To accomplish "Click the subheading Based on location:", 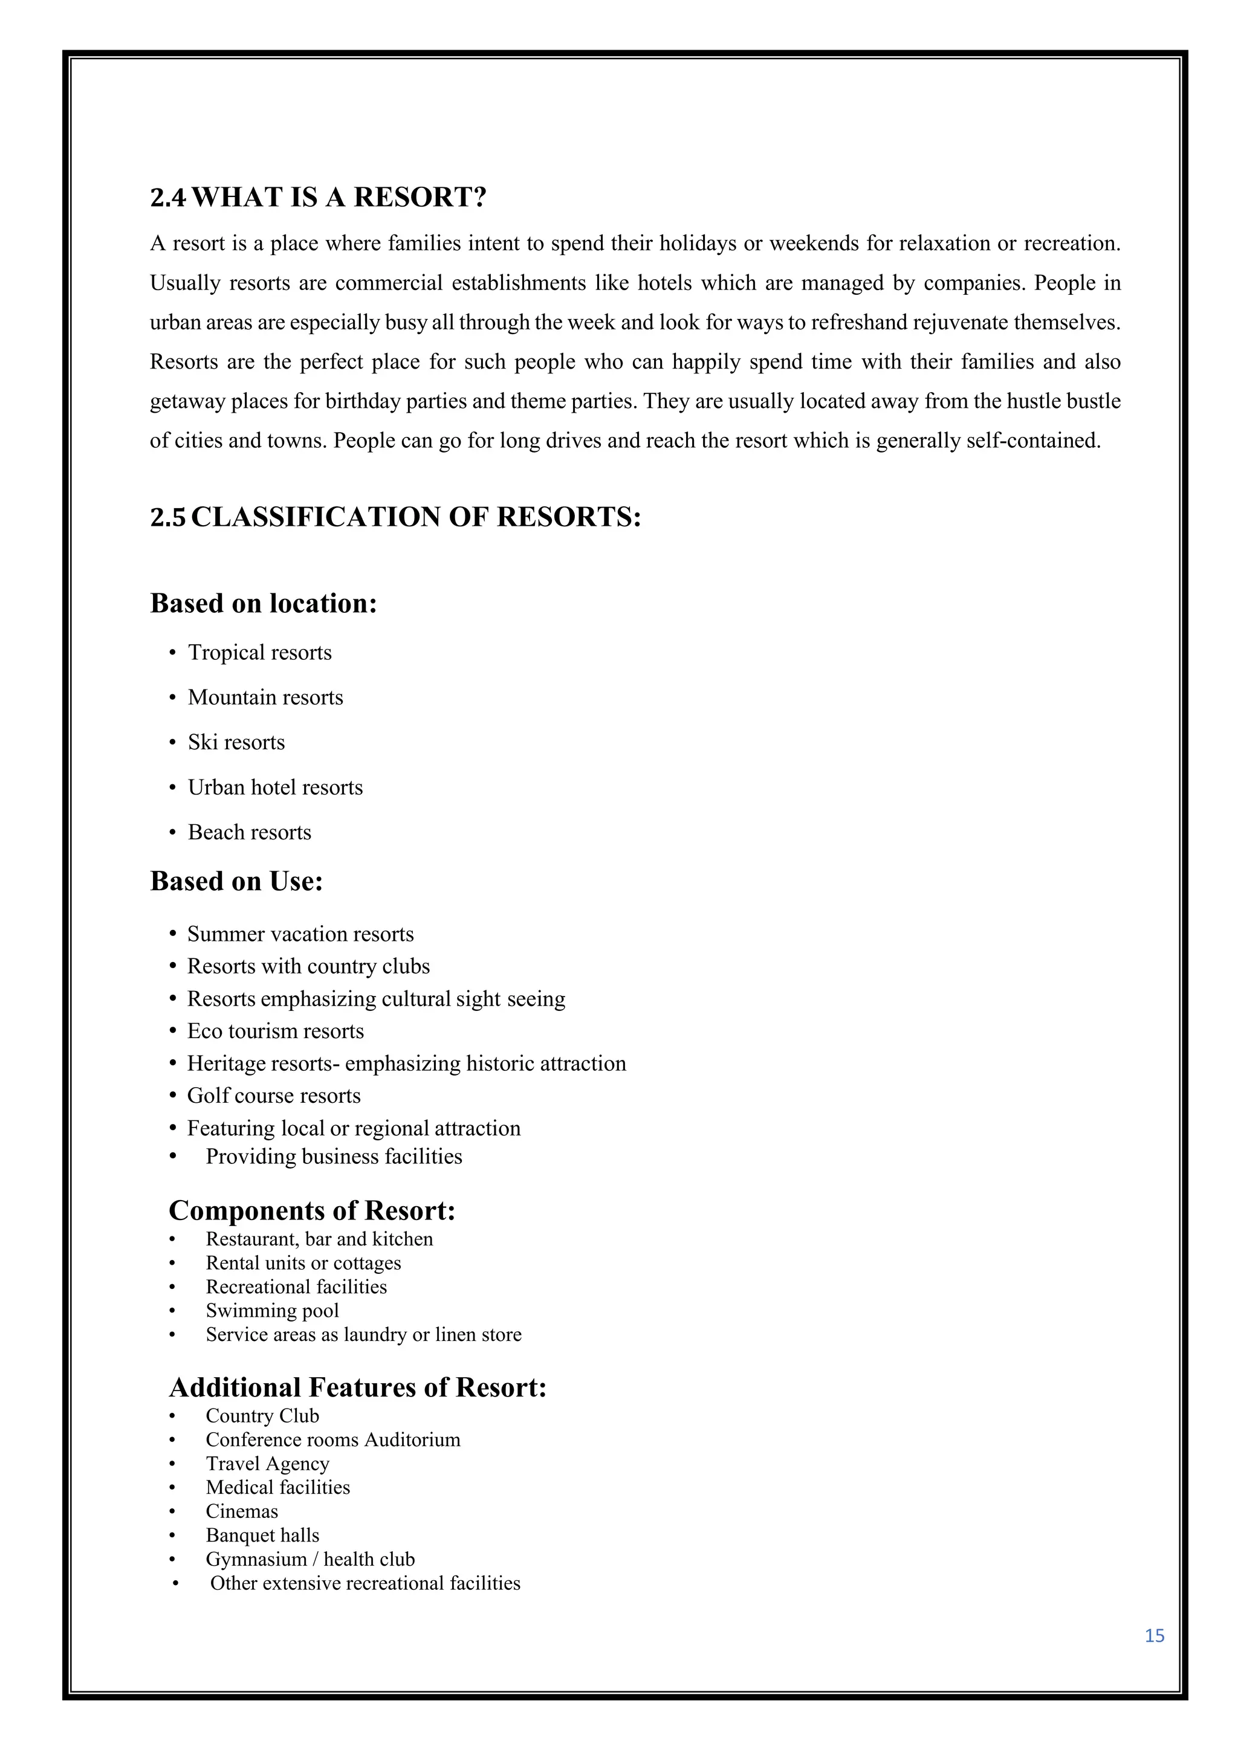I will pos(264,603).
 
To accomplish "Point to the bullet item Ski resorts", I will pos(236,743).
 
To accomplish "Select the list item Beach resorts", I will pos(249,832).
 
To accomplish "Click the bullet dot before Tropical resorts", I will pos(172,653).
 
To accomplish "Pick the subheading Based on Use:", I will pos(236,881).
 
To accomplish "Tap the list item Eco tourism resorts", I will pos(275,1032).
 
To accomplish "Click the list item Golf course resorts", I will pos(274,1096).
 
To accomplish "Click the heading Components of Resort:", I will pos(312,1210).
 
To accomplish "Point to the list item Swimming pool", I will pos(272,1310).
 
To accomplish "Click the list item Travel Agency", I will pos(268,1464).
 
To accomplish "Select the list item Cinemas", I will pos(242,1511).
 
